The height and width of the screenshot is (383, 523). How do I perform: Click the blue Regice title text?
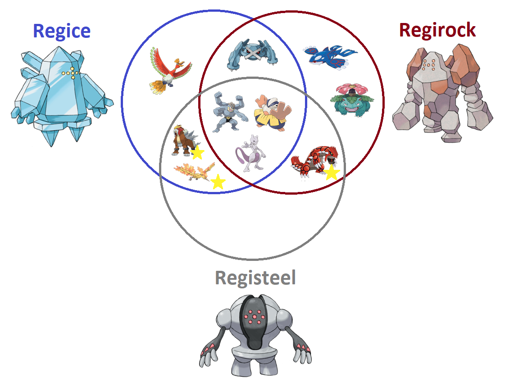coord(62,31)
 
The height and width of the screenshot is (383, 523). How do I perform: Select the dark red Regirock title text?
coord(437,30)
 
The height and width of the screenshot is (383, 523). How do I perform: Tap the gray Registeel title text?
coord(255,278)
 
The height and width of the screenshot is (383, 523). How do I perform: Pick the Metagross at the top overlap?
coord(252,55)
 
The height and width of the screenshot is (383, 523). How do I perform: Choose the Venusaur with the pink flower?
coord(352,100)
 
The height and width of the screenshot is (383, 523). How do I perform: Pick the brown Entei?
coord(184,141)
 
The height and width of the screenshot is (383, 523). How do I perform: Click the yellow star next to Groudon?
coord(332,172)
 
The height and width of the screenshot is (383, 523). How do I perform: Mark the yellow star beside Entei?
coord(197,153)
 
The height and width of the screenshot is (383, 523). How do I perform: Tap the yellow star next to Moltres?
coord(218,182)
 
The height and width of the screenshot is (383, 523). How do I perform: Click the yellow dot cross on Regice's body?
coord(71,73)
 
